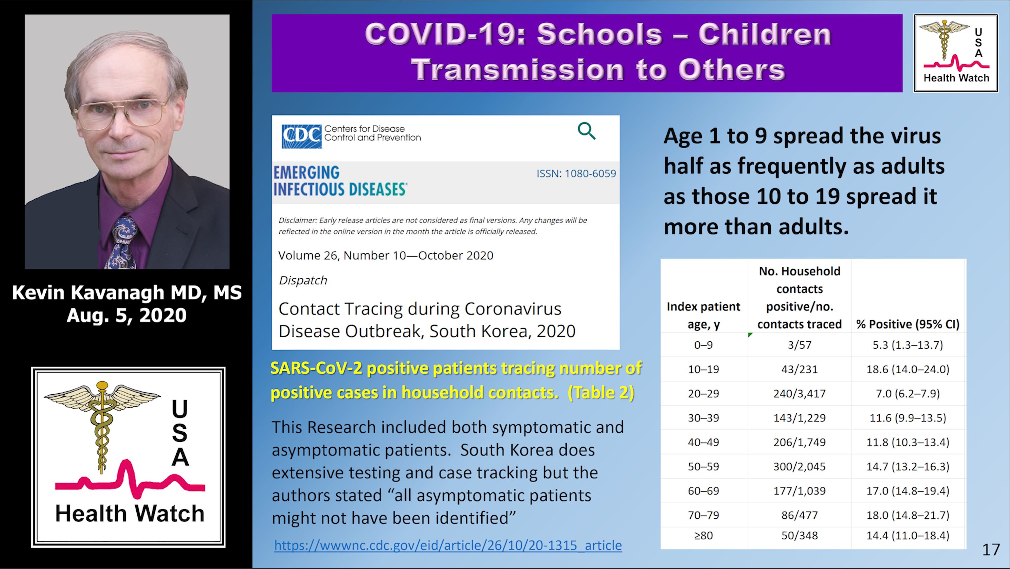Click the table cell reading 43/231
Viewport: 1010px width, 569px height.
(x=800, y=369)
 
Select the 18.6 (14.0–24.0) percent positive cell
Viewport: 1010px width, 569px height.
(x=908, y=369)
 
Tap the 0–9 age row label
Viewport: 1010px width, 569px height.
(x=703, y=345)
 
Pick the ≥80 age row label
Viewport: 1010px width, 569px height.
(x=703, y=535)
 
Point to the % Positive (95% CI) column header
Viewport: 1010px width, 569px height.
(x=908, y=324)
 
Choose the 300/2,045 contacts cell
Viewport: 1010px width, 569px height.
(x=800, y=466)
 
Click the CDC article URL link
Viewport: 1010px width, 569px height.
(x=448, y=545)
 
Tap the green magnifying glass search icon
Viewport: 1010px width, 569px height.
(x=587, y=131)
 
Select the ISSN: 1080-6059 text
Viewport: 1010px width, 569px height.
(x=576, y=173)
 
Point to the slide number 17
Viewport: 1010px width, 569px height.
(x=991, y=549)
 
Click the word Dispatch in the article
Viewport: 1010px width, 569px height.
(x=303, y=280)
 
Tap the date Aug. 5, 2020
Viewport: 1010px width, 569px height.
(x=126, y=315)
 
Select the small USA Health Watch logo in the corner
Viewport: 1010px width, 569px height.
(x=956, y=53)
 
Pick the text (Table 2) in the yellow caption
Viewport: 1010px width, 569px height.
(x=601, y=393)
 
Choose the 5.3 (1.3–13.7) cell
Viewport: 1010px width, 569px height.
(x=908, y=345)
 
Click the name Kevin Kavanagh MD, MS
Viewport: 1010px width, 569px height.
(x=126, y=292)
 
